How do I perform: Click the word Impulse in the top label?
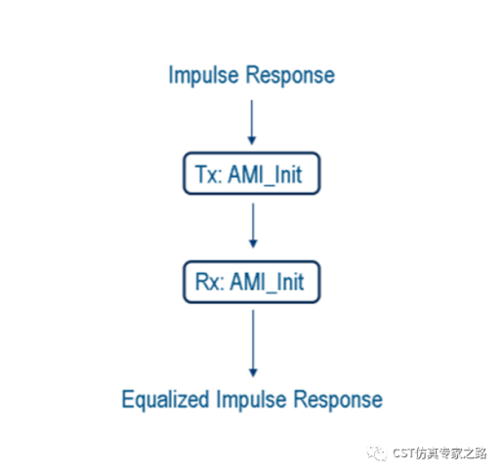tap(202, 75)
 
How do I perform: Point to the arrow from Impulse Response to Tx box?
tap(252, 122)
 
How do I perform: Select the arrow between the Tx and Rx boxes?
tap(252, 226)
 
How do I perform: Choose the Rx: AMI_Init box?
tap(251, 282)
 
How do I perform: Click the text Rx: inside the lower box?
tap(209, 282)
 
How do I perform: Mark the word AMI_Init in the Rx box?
tap(268, 282)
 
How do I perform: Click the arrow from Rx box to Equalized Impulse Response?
tap(252, 342)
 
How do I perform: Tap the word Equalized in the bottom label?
tap(162, 400)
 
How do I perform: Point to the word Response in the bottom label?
tap(336, 400)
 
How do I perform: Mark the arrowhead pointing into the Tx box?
tap(252, 142)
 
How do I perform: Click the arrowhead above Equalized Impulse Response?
tap(252, 372)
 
